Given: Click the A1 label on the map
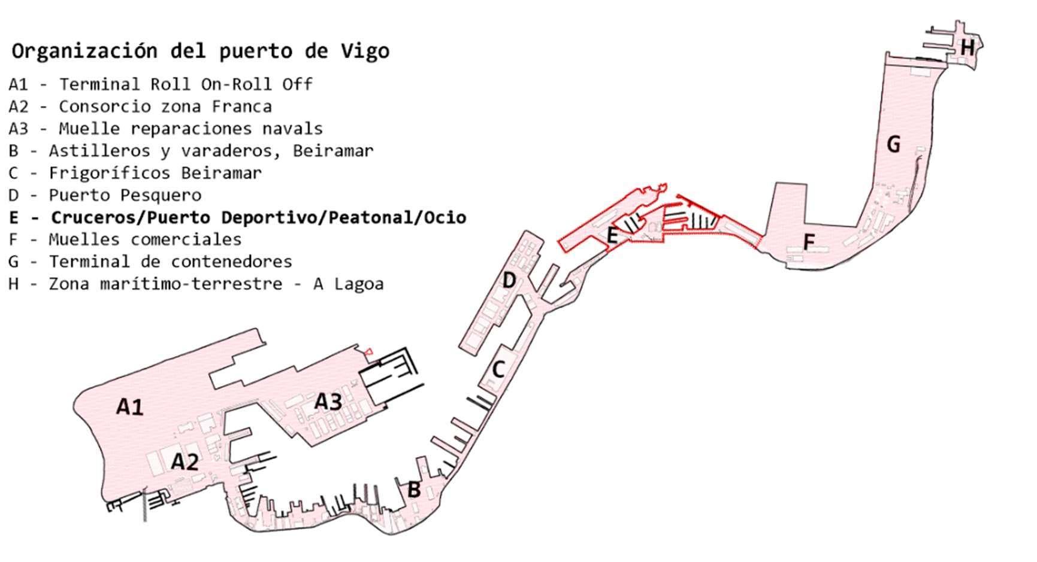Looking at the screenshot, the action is point(130,407).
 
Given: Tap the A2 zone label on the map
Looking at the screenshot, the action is point(185,462).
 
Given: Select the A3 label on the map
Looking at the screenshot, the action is point(328,401).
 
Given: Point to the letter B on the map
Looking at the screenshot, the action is point(414,489).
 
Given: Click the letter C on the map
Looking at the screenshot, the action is point(498,370).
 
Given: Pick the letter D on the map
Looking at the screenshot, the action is point(509,280).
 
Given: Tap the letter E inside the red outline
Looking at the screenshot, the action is point(612,235).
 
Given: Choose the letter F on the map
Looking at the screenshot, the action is point(809,242).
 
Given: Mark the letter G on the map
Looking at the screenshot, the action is point(893,144).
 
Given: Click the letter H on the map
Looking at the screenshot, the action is point(967,47).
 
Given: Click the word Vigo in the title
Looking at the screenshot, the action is point(365,51).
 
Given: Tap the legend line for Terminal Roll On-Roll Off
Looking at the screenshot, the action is point(161,84).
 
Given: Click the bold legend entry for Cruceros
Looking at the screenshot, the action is point(238,217).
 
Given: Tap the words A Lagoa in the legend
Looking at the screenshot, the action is point(349,284).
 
